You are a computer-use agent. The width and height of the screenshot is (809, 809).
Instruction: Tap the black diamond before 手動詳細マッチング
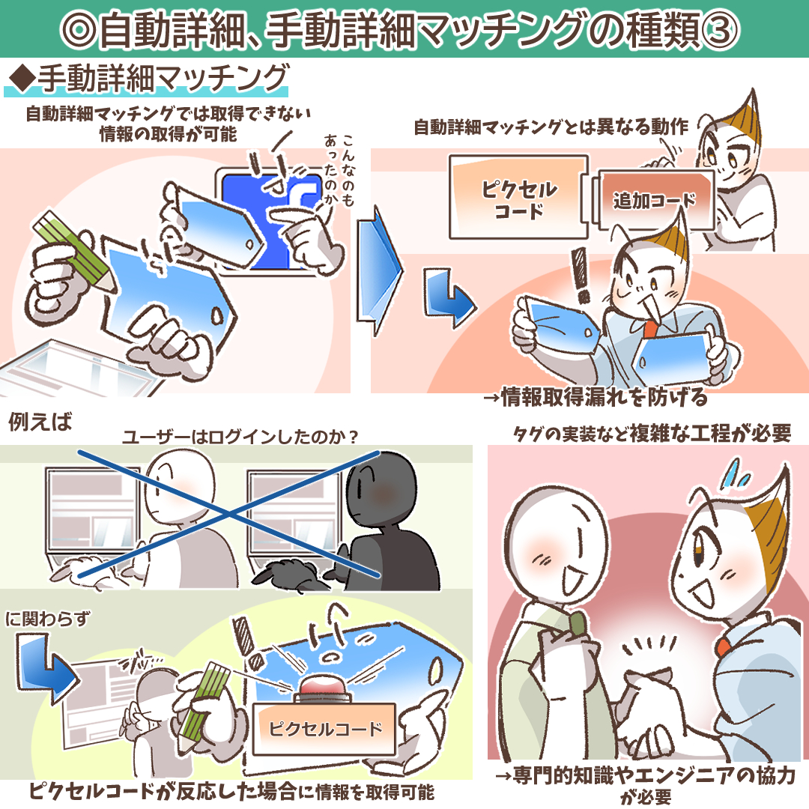pos(21,79)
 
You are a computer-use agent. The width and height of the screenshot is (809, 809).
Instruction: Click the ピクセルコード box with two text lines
pos(518,197)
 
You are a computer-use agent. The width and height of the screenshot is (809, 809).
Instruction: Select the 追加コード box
pos(654,200)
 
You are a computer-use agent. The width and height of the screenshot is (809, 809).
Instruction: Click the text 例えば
pos(40,422)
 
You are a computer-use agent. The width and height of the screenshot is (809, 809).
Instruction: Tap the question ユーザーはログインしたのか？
pos(240,437)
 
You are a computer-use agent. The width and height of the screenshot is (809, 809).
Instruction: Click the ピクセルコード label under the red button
pos(324,729)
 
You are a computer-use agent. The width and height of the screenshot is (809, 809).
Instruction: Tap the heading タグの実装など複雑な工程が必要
pos(652,434)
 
